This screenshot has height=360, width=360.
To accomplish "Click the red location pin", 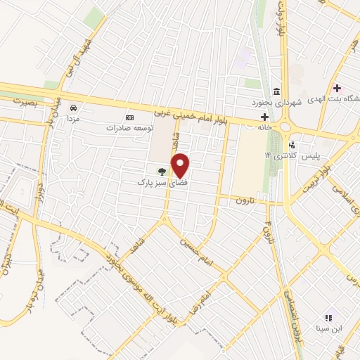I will click(x=181, y=165).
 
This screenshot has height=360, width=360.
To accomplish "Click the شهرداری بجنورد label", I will click(x=277, y=103).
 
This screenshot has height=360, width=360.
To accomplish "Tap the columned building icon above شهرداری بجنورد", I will click(x=277, y=92).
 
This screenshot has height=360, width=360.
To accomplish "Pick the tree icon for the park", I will click(x=162, y=171).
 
